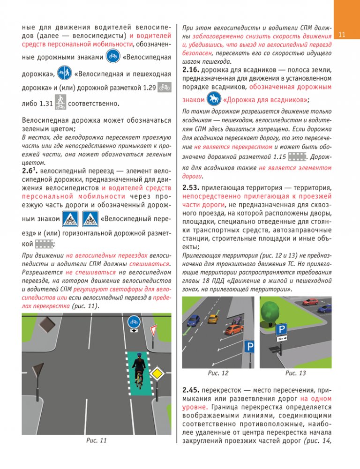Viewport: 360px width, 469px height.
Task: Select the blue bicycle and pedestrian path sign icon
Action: [65, 73]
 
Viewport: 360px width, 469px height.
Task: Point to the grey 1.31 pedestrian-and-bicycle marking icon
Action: [59, 102]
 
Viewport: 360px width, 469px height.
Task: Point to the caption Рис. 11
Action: [97, 453]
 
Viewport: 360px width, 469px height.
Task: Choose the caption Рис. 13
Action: [295, 373]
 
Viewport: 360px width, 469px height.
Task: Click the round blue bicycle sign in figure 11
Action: [134, 322]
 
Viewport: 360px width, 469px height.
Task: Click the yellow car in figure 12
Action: [213, 318]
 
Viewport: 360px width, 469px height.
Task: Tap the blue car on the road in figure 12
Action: [193, 320]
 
